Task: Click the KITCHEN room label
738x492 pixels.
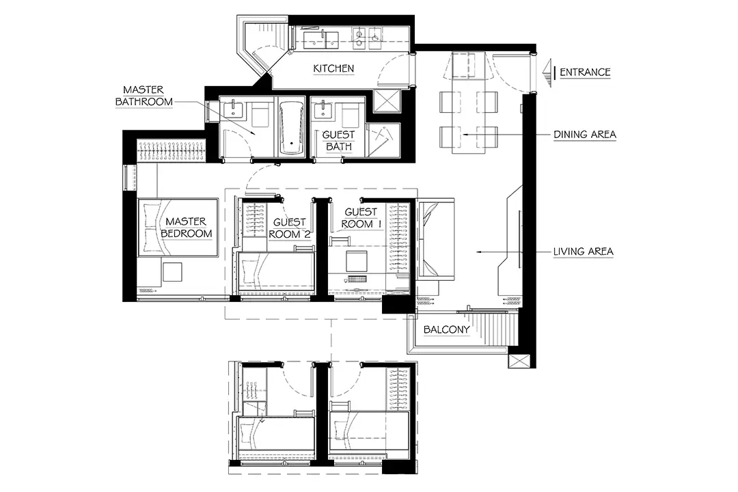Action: coord(333,69)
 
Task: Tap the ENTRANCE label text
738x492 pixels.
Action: coord(584,72)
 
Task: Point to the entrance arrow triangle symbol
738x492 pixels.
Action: coord(547,73)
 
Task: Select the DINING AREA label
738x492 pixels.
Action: coord(584,135)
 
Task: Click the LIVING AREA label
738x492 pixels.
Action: coord(583,252)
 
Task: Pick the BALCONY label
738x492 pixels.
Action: coord(446,329)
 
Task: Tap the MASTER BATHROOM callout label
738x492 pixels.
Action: coord(144,96)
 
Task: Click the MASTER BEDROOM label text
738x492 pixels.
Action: coord(187,228)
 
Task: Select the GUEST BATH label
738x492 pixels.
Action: coord(338,141)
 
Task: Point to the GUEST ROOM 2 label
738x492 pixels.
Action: coord(290,228)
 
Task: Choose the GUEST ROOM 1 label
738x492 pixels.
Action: coord(361,219)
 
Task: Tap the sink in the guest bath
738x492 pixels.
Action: coord(323,110)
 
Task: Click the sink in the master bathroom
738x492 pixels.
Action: coord(233,110)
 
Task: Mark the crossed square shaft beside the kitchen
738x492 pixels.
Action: coord(386,100)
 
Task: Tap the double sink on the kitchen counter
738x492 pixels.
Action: coord(321,40)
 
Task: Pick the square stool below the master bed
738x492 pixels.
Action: coord(172,272)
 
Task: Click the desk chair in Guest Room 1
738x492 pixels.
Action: coord(357,260)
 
